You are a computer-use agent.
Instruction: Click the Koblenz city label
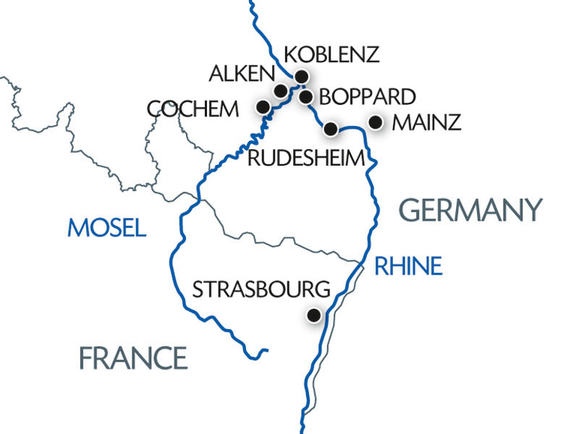click(331, 55)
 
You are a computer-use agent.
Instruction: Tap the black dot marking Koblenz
click(303, 76)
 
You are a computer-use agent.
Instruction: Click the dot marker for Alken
click(280, 90)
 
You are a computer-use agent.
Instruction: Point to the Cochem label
click(193, 109)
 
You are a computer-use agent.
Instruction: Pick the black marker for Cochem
click(263, 107)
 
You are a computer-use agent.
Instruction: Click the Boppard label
click(367, 96)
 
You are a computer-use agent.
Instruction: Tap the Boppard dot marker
click(305, 96)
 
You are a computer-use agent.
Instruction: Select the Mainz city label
click(426, 123)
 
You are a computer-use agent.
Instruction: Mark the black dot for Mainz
click(375, 122)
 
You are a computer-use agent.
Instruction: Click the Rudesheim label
click(304, 158)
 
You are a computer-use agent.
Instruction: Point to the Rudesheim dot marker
click(330, 129)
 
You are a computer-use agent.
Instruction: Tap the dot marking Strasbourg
click(313, 315)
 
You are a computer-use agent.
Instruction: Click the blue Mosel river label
click(106, 228)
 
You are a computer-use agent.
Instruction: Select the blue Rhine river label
click(407, 266)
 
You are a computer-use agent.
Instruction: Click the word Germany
click(470, 210)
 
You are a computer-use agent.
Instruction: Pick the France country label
click(133, 357)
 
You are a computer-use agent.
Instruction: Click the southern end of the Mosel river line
click(267, 352)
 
